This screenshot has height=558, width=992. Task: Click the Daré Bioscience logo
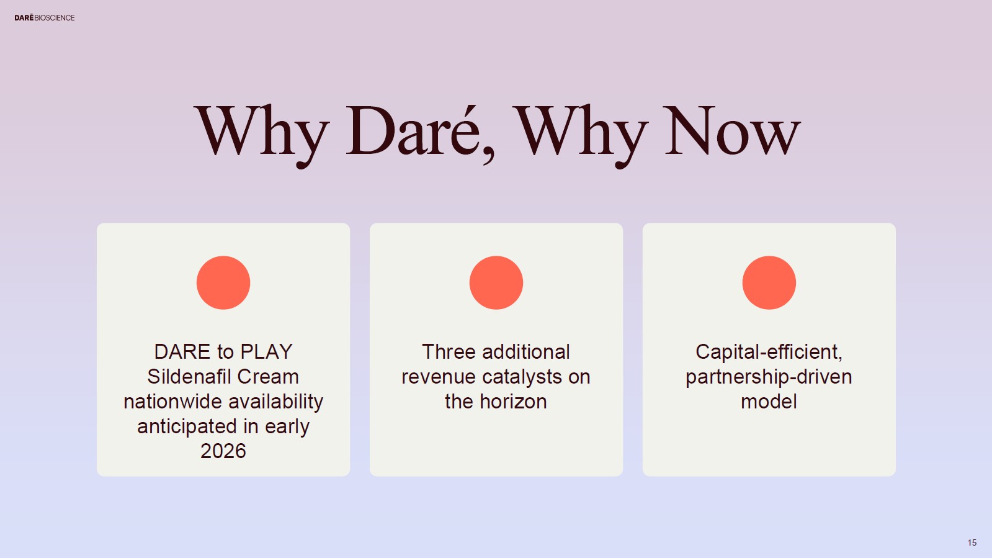pos(44,18)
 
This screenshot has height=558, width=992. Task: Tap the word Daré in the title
pos(414,132)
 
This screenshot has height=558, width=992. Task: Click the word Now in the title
pos(733,132)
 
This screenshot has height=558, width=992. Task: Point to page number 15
pos(972,542)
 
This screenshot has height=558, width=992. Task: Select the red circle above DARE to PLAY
pos(223,283)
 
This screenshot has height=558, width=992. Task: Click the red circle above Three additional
pos(496,283)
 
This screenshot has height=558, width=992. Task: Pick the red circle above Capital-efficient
pos(769,283)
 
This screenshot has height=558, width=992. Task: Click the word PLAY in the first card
pos(266,352)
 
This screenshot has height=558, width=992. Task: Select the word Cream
pos(268,377)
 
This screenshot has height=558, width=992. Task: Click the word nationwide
pos(172,402)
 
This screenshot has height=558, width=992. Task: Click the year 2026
pos(223,451)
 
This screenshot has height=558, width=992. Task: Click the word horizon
pos(513,402)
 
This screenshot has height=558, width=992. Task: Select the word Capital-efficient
pos(769,353)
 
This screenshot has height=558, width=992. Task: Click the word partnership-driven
pos(769,377)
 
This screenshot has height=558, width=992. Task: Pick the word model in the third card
pos(769,402)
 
